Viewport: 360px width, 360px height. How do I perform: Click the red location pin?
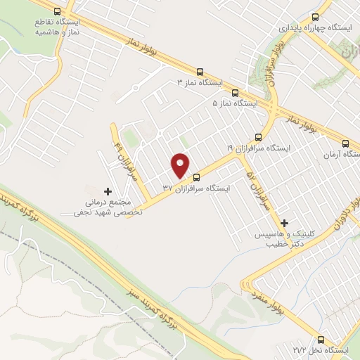coord(181,165)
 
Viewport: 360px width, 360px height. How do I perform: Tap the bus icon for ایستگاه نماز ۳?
coord(200,72)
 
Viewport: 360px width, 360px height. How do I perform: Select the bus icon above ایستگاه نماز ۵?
coord(235,92)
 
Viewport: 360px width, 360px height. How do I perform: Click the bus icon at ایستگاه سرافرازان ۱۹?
coord(258,137)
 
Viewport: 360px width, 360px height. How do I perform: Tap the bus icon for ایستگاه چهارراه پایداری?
coord(314,17)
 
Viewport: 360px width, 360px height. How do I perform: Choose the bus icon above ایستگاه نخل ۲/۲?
coord(322,338)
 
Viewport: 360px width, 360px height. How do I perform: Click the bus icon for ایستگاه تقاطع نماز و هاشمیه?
coord(56,12)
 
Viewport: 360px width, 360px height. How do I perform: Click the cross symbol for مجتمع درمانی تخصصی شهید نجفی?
coord(107,191)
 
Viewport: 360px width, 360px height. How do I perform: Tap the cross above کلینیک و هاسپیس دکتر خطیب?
coord(284,223)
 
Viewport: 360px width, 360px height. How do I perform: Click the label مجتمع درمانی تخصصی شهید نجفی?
coord(110,207)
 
